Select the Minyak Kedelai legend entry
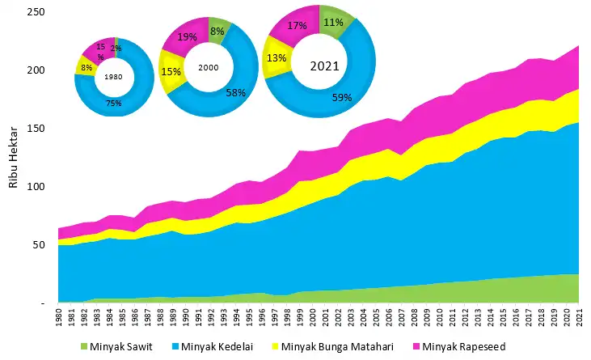pos(215,348)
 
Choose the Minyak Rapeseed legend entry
pos(458,348)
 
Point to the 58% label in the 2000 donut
pos(235,93)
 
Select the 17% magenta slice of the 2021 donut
pos(298,26)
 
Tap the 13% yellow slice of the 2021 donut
pos(276,57)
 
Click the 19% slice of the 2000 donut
pos(187,36)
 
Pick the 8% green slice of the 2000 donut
pos(217,30)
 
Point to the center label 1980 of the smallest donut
pos(114,76)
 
